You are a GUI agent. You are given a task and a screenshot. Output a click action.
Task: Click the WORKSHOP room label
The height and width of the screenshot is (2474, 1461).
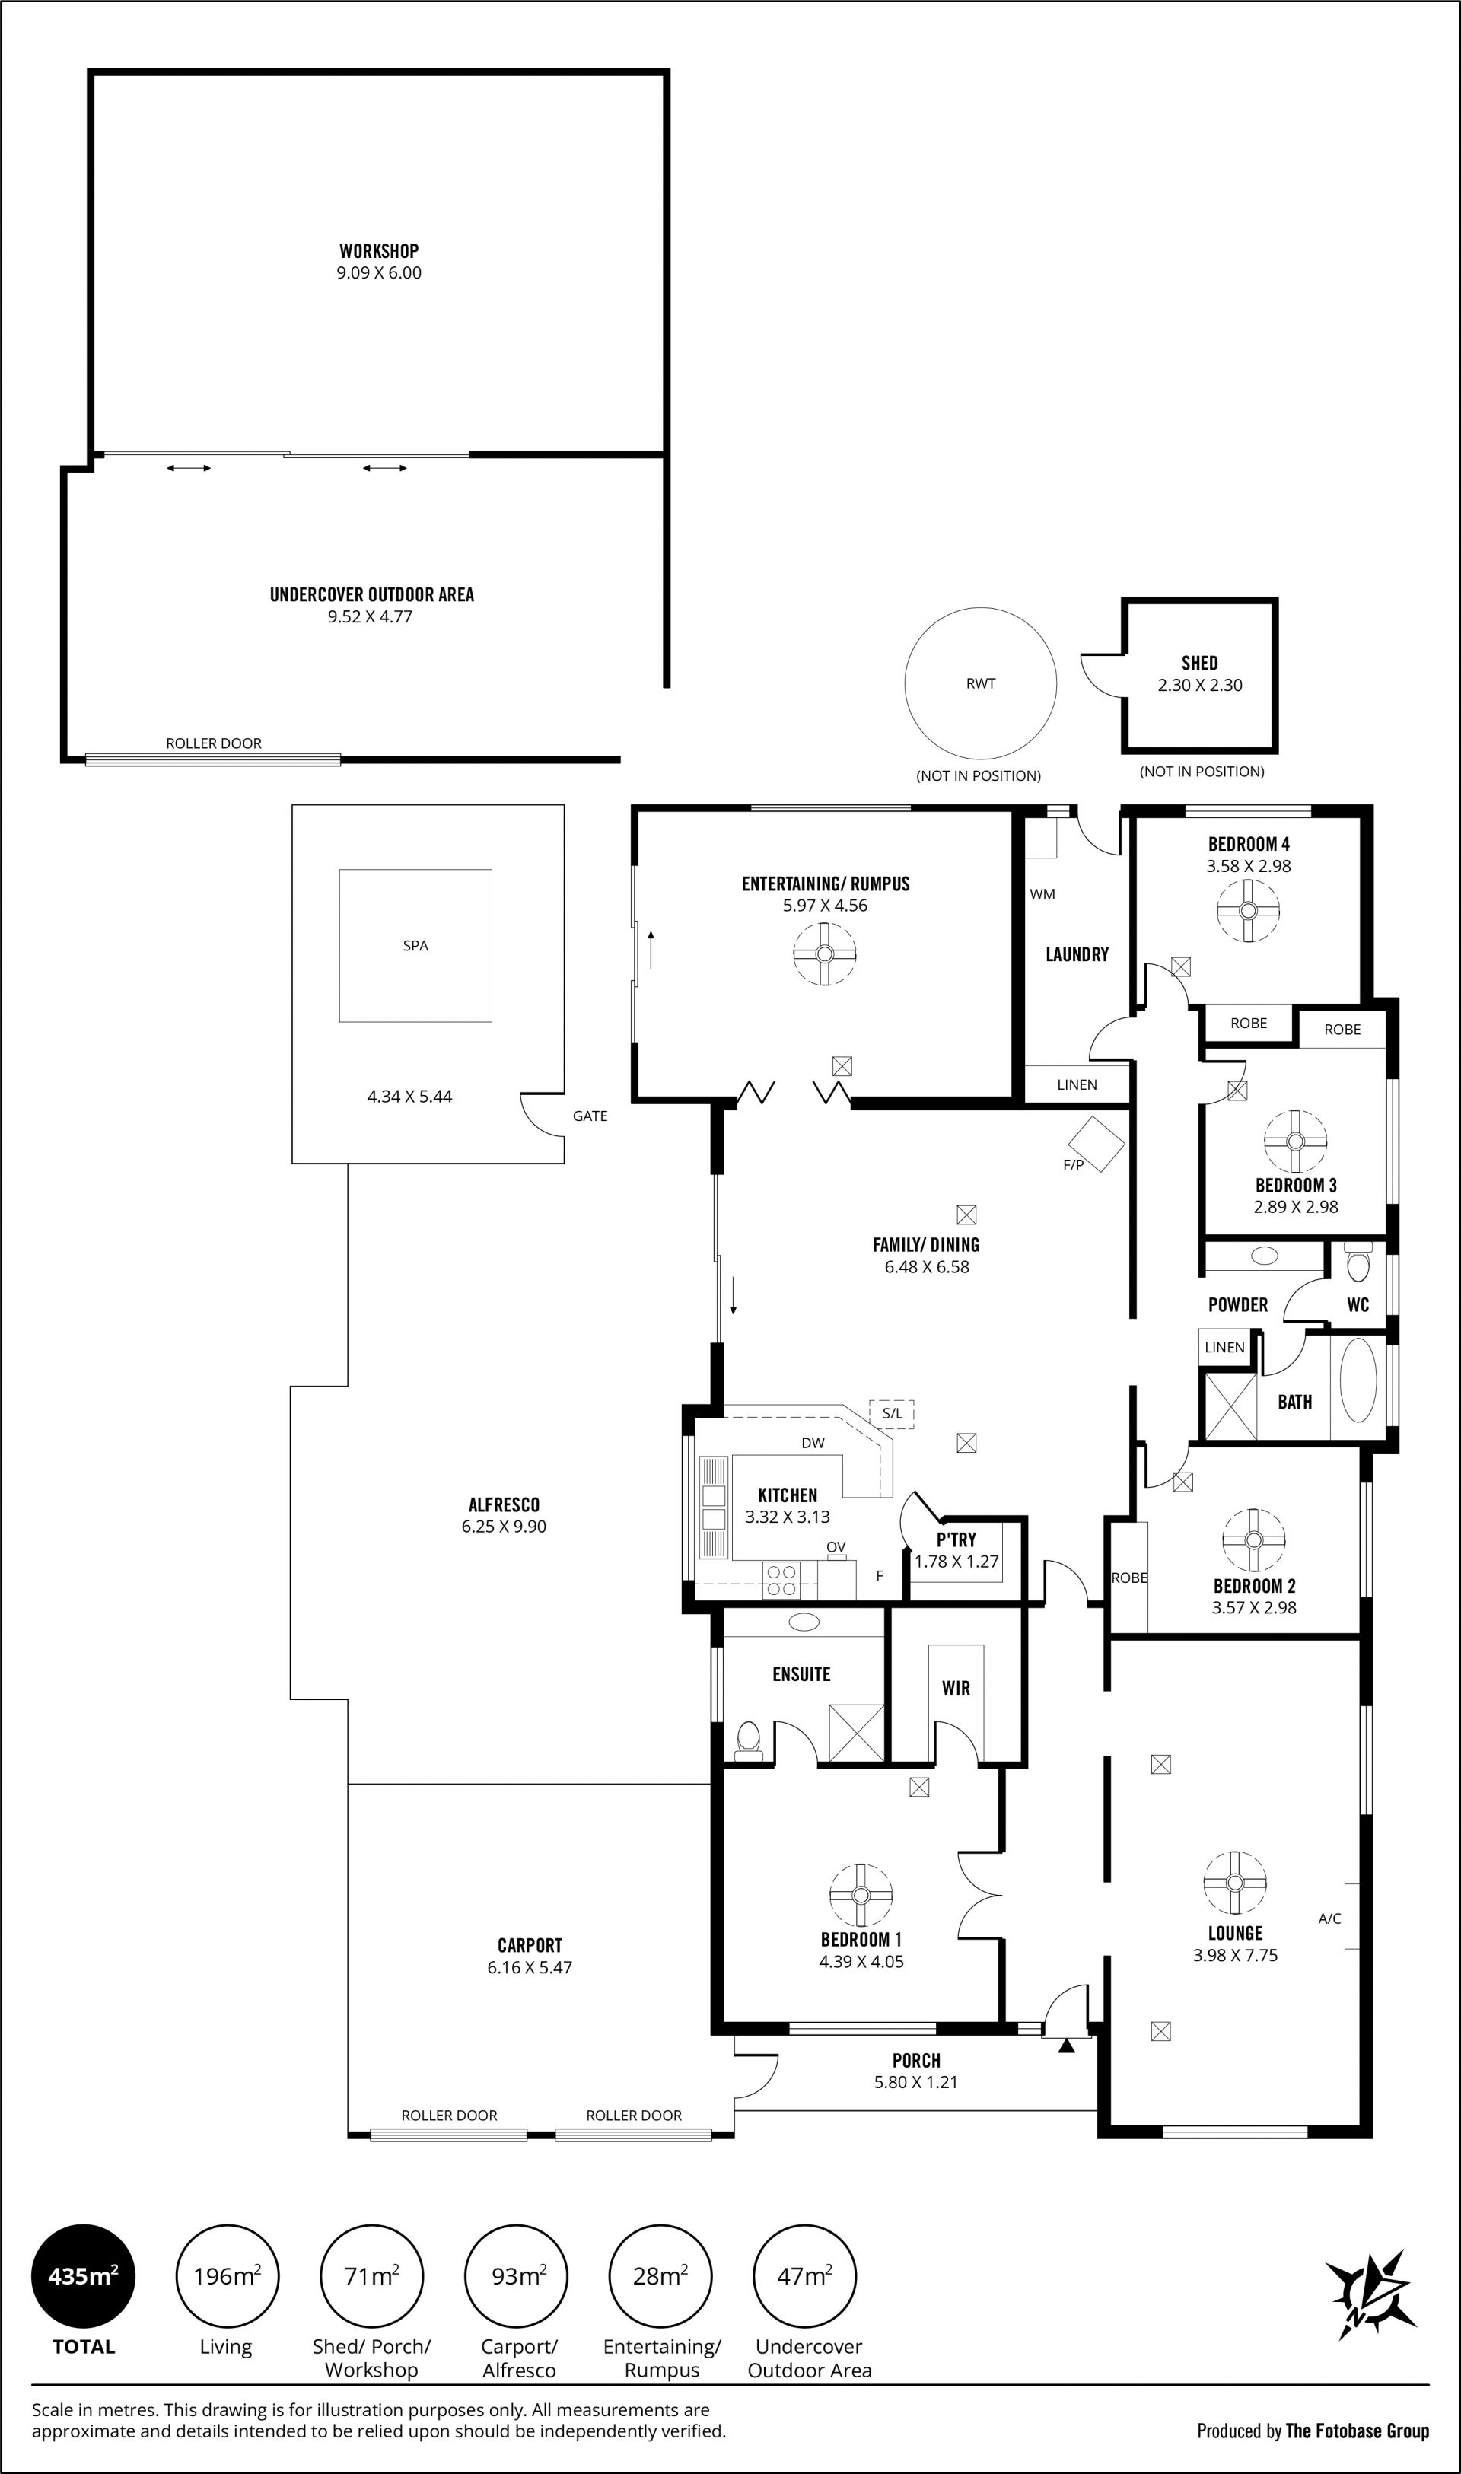click(x=379, y=251)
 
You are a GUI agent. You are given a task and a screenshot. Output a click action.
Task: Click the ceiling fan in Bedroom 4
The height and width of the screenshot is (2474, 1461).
click(x=1247, y=912)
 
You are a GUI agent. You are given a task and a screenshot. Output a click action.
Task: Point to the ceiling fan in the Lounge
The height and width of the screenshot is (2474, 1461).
click(x=1234, y=1883)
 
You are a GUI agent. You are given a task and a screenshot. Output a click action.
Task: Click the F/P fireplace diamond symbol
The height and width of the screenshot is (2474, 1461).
click(x=1097, y=1143)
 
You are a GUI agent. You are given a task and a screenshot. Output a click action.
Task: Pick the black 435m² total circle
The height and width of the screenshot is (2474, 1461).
click(x=83, y=2277)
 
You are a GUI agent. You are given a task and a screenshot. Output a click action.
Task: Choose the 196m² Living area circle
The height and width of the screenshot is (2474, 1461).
click(x=227, y=2277)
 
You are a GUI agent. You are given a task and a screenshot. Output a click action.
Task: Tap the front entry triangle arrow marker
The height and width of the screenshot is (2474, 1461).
click(x=1066, y=2045)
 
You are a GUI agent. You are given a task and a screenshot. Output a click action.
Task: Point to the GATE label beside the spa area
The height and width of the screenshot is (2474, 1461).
click(x=590, y=1116)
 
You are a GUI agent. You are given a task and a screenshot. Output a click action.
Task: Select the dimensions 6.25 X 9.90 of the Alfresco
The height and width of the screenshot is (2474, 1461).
click(x=504, y=1526)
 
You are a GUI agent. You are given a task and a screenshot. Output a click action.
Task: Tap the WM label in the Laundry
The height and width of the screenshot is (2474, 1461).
click(x=1042, y=894)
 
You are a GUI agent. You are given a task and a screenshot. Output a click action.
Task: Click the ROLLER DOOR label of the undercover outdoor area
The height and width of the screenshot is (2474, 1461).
click(x=214, y=743)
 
